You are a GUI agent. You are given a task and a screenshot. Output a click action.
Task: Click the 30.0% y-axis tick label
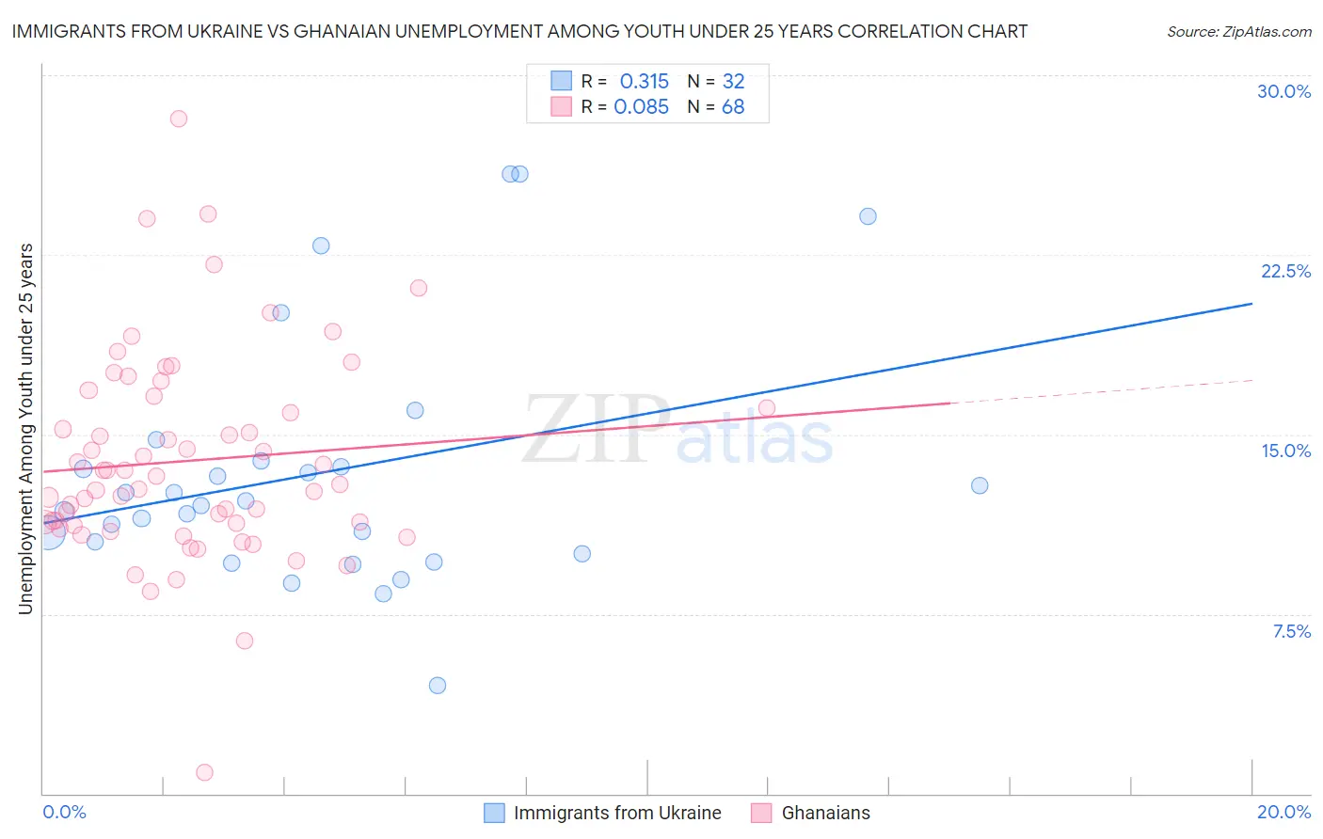click(x=1283, y=91)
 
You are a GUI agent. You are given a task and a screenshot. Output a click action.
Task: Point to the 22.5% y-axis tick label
click(x=1285, y=271)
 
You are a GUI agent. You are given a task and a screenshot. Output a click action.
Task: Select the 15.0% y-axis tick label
click(x=1285, y=451)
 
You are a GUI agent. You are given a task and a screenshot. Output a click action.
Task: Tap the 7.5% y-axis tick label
click(x=1291, y=631)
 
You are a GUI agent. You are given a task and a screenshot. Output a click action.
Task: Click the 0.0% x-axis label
click(x=64, y=812)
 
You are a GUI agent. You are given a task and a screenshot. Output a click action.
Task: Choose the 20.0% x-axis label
click(x=1283, y=812)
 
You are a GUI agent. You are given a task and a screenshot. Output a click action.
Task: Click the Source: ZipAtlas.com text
click(x=1238, y=32)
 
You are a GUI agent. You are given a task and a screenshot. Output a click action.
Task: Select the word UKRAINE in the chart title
click(x=195, y=31)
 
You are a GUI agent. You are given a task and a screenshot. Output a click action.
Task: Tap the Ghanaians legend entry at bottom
click(x=825, y=813)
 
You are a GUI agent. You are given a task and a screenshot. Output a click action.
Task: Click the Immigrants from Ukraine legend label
click(x=617, y=813)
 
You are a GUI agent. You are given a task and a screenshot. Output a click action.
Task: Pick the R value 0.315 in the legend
click(x=644, y=82)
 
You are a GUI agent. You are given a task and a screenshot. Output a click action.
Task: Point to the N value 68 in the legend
click(x=733, y=107)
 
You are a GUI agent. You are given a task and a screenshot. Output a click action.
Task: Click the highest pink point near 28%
click(x=179, y=119)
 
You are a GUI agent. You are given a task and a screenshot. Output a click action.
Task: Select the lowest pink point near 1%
click(x=204, y=772)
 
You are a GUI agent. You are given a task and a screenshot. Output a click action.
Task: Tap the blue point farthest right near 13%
click(x=980, y=485)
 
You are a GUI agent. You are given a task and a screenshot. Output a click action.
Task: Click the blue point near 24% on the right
click(x=868, y=216)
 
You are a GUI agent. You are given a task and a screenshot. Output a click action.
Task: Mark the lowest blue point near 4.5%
click(x=438, y=686)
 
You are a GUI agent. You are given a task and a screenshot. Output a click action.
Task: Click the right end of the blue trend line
click(x=1251, y=304)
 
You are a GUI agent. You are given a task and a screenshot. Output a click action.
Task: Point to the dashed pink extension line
click(x=1101, y=391)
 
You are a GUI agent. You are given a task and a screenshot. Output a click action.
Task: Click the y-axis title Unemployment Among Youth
click(x=25, y=429)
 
